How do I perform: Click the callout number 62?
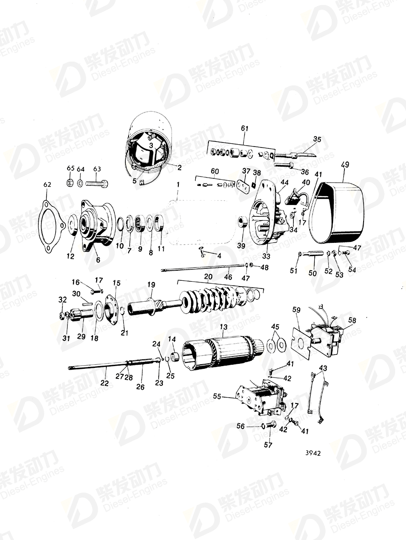pos(47,185)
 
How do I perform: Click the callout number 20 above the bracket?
pos(208,277)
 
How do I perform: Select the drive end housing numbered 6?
pos(97,224)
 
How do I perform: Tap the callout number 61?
pos(245,128)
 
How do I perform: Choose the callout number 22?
pos(104,383)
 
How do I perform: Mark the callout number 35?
pos(317,139)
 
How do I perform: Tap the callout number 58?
pos(352,320)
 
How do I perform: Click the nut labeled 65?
pos(70,183)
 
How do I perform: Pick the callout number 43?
pos(323,367)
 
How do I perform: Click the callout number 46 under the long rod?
pos(228,277)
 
